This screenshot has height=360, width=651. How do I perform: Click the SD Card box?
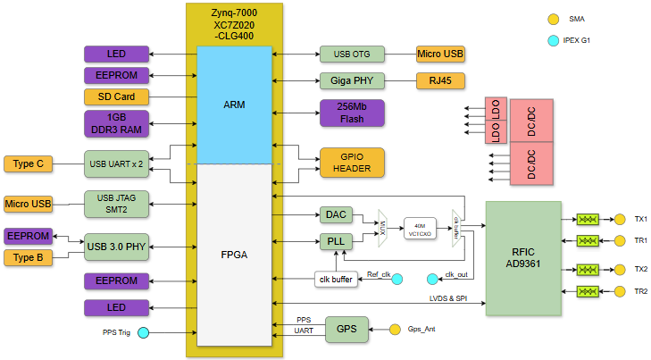[116, 96]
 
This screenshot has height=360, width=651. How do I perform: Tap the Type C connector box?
[29, 164]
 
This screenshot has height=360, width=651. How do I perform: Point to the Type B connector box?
[29, 258]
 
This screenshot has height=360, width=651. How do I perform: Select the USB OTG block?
[352, 54]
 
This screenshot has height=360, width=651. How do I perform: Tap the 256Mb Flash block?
[352, 113]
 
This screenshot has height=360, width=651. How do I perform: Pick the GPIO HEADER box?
[352, 162]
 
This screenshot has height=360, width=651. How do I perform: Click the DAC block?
[336, 215]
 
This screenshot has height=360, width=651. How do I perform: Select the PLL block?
[336, 241]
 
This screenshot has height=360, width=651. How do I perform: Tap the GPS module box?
[346, 329]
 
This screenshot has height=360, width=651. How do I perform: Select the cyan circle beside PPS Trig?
[142, 333]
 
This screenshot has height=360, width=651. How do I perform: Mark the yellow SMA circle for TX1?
[620, 219]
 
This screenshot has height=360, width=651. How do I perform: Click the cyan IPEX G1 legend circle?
[554, 40]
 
